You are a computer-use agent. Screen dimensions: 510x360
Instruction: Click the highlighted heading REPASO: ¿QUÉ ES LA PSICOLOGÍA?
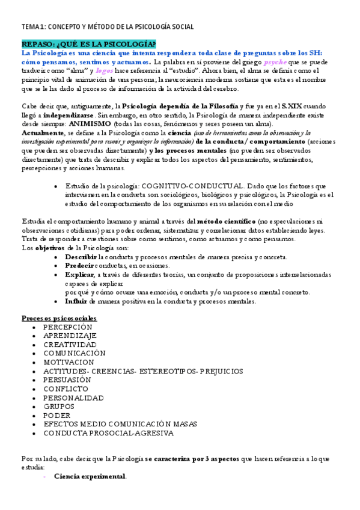coord(88,45)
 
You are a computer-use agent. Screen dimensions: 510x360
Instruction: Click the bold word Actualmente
coord(43,133)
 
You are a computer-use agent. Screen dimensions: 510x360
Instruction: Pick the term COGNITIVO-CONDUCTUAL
coord(191,187)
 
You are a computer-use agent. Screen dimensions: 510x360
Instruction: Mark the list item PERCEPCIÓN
coord(67,327)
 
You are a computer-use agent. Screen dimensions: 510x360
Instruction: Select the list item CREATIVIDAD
coord(70,345)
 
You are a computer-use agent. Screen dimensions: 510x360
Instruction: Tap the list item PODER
coord(56,415)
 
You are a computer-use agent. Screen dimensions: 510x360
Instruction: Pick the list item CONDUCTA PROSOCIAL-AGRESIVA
coord(108,432)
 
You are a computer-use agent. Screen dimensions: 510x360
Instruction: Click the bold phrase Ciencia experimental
coord(90,476)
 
